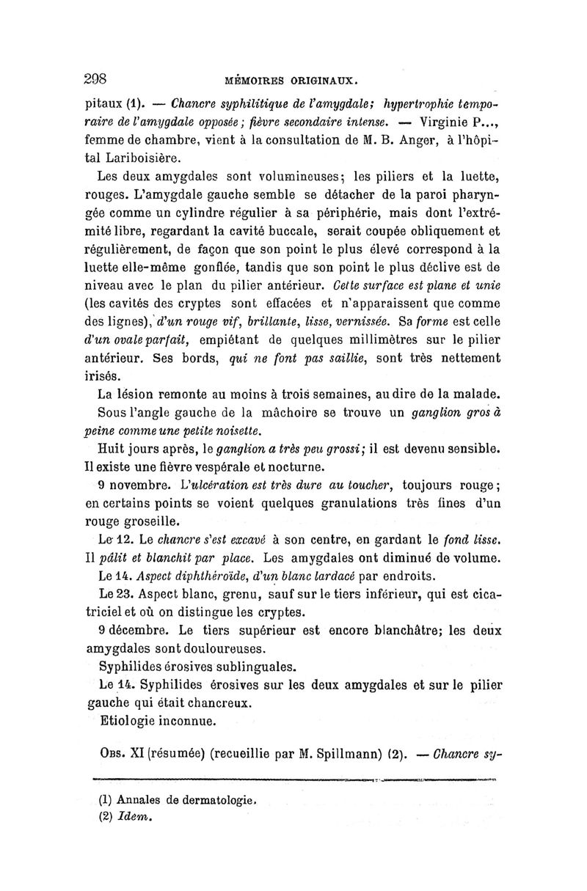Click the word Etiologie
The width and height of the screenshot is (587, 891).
(x=132, y=720)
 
